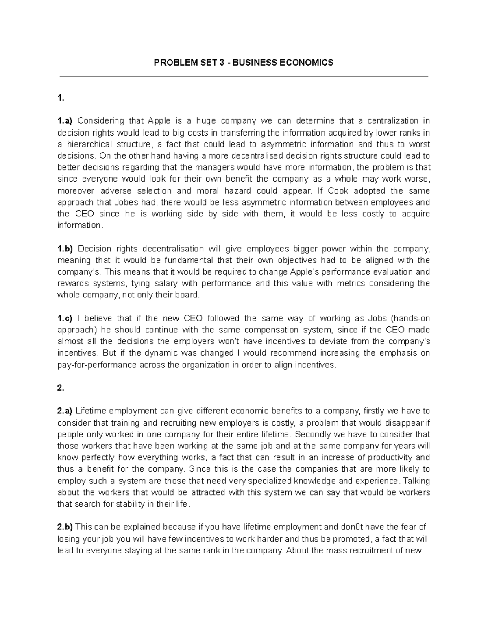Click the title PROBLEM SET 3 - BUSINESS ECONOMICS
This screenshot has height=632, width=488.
243,63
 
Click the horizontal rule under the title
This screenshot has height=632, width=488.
244,76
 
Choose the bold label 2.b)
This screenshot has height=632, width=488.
65,527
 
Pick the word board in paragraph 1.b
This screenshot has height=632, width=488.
190,295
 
